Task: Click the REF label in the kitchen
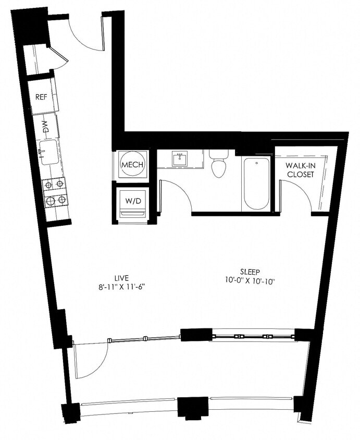pos(41,97)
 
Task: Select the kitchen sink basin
pos(49,152)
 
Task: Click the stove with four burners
pos(55,192)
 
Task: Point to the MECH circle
pos(132,165)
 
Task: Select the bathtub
pos(256,184)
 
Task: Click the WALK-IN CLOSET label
pos(300,170)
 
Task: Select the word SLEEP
pos(250,272)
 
